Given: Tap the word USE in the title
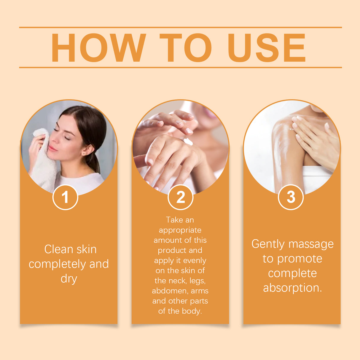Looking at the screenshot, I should tap(266, 48).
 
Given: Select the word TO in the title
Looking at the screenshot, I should tap(186, 48).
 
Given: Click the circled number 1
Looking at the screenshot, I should tap(65, 197).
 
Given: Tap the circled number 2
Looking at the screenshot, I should tap(180, 197).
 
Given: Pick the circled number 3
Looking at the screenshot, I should tap(291, 197).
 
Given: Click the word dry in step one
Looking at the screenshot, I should tap(69, 279).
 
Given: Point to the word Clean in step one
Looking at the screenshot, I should tap(58, 249).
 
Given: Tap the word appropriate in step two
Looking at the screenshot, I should tap(180, 230).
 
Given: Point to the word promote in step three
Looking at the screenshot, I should tap(300, 259).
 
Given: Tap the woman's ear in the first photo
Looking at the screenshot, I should tap(87, 150).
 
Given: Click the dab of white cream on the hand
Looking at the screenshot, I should tap(187, 141).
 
